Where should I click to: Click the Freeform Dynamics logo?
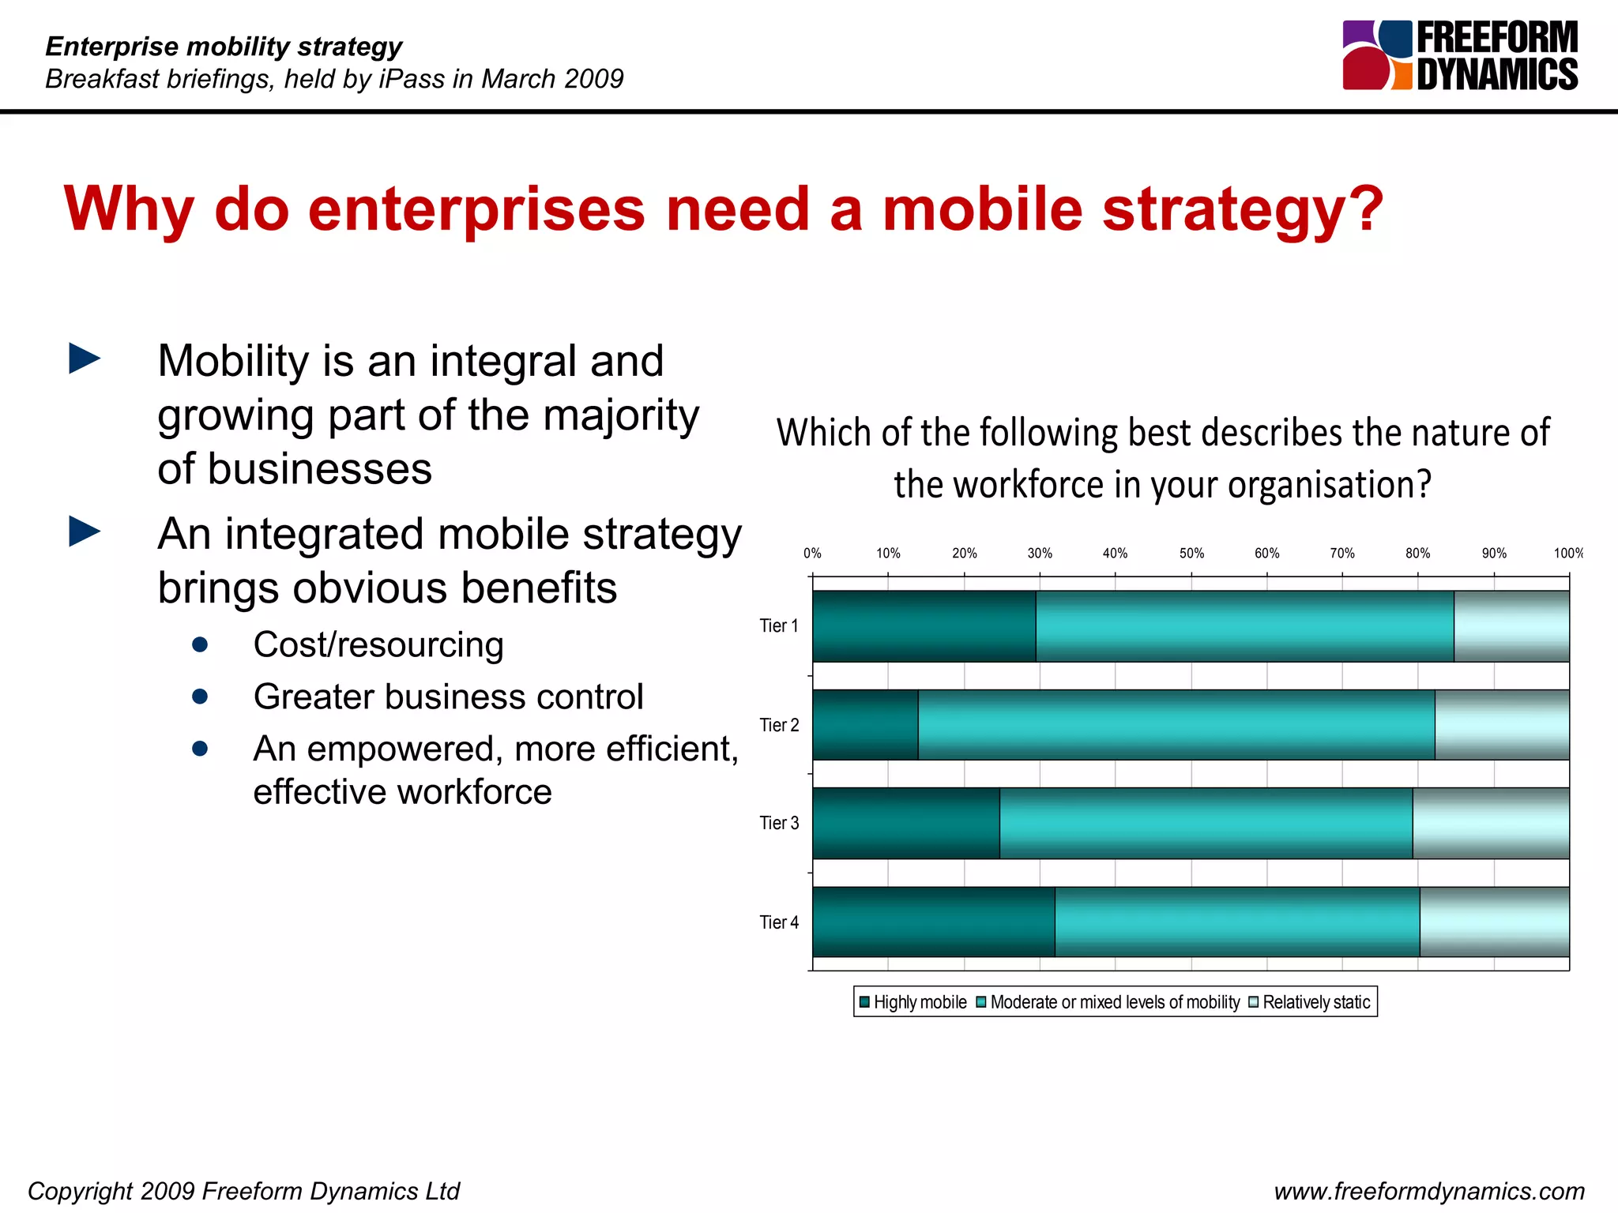tap(1459, 55)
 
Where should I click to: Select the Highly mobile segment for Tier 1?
tap(924, 626)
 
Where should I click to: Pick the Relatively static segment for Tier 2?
tap(1501, 725)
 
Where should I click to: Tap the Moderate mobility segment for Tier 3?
tap(1206, 823)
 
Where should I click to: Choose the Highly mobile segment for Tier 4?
tap(933, 922)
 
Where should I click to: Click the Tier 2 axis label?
tap(779, 725)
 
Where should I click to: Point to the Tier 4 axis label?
tap(779, 922)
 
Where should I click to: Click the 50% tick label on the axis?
tap(1191, 554)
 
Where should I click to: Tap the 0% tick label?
tap(812, 554)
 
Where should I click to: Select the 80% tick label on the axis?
tap(1417, 554)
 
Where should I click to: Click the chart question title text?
tap(1162, 458)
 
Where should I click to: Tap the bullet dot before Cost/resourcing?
tap(200, 645)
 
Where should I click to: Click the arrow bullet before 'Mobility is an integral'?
tap(85, 359)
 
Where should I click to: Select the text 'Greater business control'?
tap(448, 697)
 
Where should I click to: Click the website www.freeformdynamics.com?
tap(1428, 1191)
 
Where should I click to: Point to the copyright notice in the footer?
tap(243, 1191)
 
